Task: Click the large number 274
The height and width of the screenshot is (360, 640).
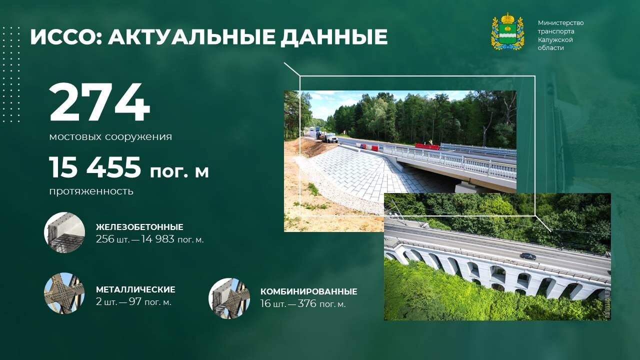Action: click(x=99, y=102)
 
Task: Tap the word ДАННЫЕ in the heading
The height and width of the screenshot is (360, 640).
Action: click(x=333, y=37)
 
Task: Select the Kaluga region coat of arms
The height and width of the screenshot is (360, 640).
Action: click(x=507, y=31)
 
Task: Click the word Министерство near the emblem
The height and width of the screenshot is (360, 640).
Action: click(x=561, y=23)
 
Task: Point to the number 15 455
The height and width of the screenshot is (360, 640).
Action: click(x=95, y=167)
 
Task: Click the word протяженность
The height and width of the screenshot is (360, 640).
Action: click(x=91, y=191)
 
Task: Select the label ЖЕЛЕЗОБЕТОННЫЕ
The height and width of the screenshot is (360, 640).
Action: click(x=139, y=227)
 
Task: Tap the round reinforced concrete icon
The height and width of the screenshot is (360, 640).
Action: click(x=64, y=232)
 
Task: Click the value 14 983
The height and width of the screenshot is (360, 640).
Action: click(x=157, y=239)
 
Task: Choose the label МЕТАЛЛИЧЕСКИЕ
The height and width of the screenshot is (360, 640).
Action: click(x=135, y=289)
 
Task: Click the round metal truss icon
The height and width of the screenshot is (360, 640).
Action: click(x=64, y=293)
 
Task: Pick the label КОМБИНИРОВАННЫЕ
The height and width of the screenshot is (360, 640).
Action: click(x=309, y=291)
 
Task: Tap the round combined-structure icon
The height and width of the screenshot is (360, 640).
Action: click(x=229, y=298)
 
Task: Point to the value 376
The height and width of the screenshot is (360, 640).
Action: click(x=307, y=303)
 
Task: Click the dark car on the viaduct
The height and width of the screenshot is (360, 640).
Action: click(x=527, y=256)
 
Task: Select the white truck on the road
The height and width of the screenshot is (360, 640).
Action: click(x=331, y=138)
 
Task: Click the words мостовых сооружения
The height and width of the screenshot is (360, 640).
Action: click(x=110, y=137)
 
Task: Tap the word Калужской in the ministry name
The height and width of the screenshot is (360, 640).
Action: click(x=555, y=39)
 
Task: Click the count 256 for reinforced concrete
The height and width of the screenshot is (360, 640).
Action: click(x=105, y=239)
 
